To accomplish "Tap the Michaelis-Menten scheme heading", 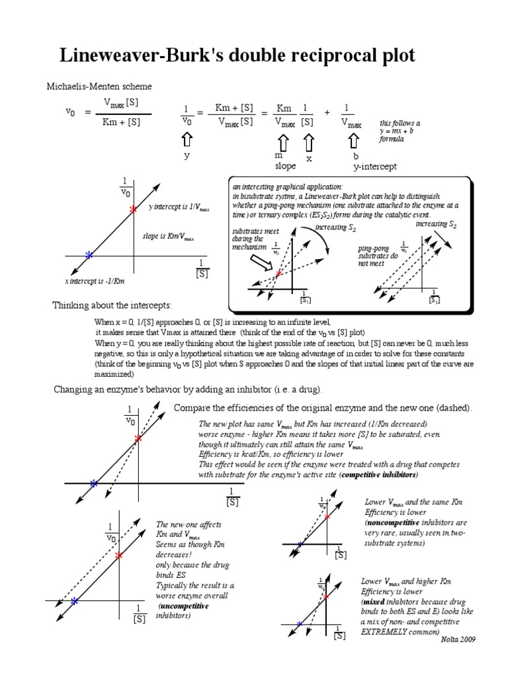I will (99, 87).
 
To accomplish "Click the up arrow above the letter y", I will (187, 141).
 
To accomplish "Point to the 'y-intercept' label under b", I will (375, 167).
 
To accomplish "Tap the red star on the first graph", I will (133, 210).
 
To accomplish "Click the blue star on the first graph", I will (89, 255).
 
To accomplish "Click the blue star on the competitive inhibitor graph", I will (94, 484).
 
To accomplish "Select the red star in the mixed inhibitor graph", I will (326, 598).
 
